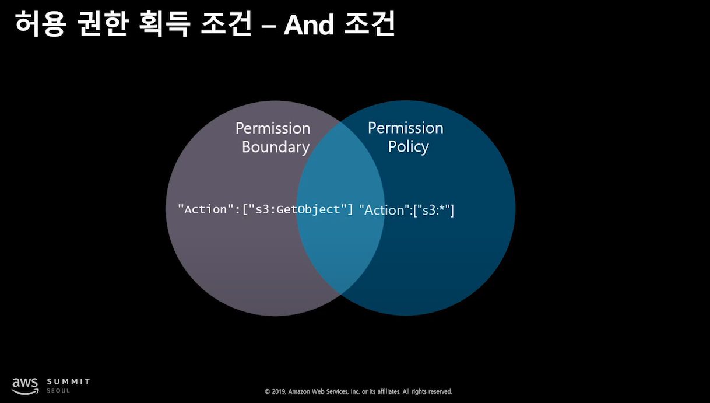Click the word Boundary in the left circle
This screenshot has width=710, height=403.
[x=276, y=147]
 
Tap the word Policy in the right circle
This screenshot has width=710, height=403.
[x=409, y=146]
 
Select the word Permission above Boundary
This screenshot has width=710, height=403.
[x=273, y=128]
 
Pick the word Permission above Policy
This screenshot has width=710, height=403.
[x=406, y=128]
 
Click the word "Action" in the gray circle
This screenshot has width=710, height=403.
[x=203, y=209]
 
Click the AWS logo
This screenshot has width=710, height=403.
[x=26, y=386]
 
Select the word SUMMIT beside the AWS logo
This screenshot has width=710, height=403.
[x=69, y=381]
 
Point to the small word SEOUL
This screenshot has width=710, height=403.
[x=58, y=391]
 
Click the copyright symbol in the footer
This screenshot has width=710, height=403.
[x=267, y=391]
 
